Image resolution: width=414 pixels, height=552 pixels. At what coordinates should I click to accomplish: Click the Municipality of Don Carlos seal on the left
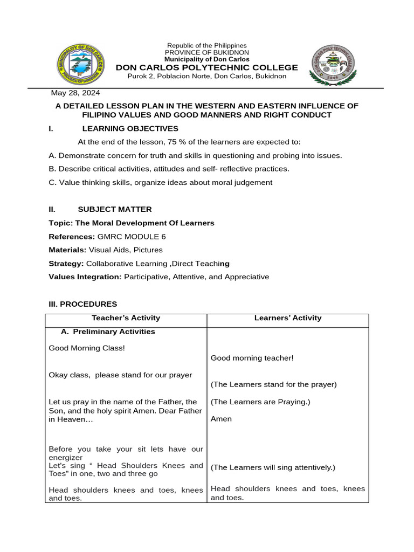81,65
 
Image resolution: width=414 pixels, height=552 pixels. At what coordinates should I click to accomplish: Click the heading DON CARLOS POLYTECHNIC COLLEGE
207,67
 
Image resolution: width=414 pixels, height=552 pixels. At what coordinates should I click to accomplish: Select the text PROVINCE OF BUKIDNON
207,52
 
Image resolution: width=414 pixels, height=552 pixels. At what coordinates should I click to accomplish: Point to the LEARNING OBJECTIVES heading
130,128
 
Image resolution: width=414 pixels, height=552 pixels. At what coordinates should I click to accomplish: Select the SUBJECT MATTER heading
115,209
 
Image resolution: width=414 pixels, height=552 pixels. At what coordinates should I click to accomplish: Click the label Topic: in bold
61,223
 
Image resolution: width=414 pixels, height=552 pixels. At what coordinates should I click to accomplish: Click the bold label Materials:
67,250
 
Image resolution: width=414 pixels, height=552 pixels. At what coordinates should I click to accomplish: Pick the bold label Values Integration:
85,277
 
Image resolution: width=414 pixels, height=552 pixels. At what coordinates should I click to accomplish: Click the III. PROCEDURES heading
82,304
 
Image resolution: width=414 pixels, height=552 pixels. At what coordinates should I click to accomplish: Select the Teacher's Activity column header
126,318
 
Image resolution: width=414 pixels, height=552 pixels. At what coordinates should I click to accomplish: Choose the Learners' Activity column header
288,318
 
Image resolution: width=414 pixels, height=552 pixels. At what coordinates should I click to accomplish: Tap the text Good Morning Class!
87,348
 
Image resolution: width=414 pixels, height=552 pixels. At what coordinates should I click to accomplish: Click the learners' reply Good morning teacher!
252,358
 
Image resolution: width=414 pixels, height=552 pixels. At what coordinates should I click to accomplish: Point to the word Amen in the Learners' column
221,419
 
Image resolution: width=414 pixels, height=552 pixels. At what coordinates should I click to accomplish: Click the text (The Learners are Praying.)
260,402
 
